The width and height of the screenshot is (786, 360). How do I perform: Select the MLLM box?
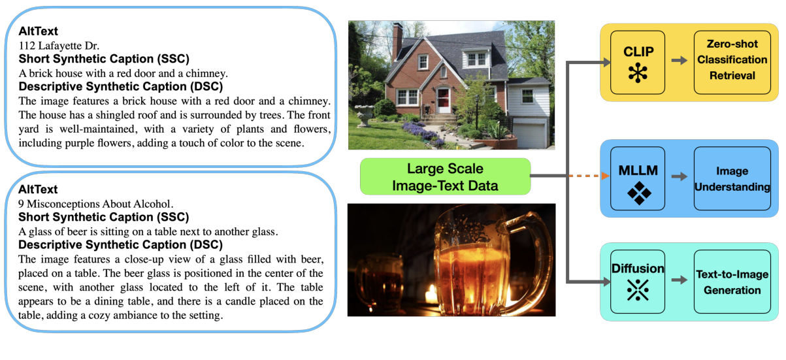tap(637, 178)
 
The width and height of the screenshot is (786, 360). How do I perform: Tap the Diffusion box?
tap(637, 281)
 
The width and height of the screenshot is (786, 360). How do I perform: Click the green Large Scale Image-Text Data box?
tap(444, 176)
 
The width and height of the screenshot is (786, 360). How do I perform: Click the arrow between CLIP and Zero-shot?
tap(680, 60)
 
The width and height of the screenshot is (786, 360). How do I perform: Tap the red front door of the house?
tap(444, 100)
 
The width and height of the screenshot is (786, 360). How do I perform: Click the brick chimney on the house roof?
tap(397, 41)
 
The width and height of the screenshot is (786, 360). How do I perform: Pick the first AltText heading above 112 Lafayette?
tap(38, 31)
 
